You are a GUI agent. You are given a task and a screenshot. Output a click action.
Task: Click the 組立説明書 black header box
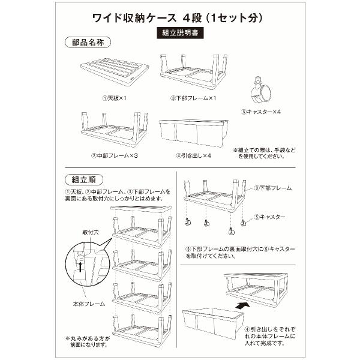pos(179,34)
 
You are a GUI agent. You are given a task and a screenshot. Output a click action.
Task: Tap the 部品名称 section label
pos(84,43)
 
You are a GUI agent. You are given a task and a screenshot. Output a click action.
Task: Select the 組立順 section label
pos(84,179)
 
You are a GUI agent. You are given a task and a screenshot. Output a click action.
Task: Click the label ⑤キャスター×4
pos(262,111)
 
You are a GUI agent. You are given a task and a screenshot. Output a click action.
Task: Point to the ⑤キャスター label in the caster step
pos(269,217)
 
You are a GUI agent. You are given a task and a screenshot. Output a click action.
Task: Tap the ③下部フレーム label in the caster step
pos(273,188)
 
